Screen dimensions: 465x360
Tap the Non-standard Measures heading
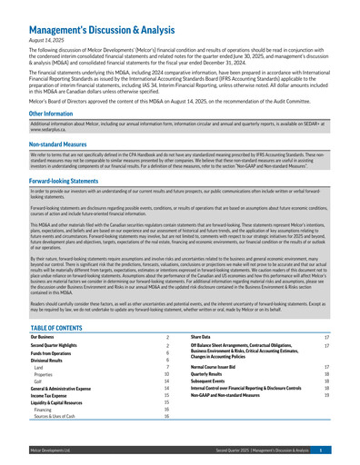(54, 144)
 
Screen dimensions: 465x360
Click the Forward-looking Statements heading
(64, 180)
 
